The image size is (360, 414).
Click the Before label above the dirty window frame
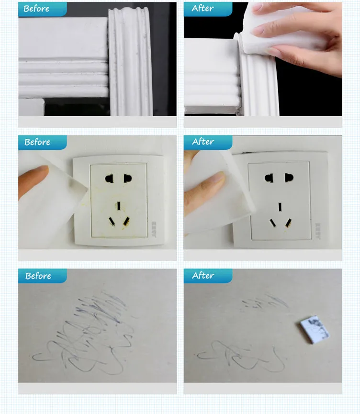pyautogui.click(x=36, y=9)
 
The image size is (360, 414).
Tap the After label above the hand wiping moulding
pyautogui.click(x=202, y=8)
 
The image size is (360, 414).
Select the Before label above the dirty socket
pyautogui.click(x=37, y=142)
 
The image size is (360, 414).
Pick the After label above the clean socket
pyautogui.click(x=203, y=142)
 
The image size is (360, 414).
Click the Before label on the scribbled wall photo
pyautogui.click(x=38, y=276)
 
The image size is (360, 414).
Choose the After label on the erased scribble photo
pyautogui.click(x=203, y=275)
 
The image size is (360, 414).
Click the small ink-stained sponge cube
pyautogui.click(x=315, y=329)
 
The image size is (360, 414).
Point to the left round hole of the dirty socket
pyautogui.click(x=109, y=179)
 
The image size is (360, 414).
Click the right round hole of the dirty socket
pyautogui.click(x=127, y=178)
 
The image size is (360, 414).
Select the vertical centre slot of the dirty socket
pyautogui.click(x=119, y=206)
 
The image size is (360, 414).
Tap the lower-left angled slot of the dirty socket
pyautogui.click(x=112, y=221)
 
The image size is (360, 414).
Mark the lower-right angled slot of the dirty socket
pyautogui.click(x=126, y=221)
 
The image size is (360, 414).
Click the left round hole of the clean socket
pyautogui.click(x=269, y=178)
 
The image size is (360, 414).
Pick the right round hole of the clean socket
pyautogui.click(x=289, y=178)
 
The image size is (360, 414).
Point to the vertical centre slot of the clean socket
pyautogui.click(x=280, y=207)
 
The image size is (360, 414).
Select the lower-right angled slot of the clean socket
pyautogui.click(x=288, y=223)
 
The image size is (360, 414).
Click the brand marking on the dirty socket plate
pyautogui.click(x=154, y=229)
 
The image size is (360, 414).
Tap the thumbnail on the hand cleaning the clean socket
pyautogui.click(x=218, y=177)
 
